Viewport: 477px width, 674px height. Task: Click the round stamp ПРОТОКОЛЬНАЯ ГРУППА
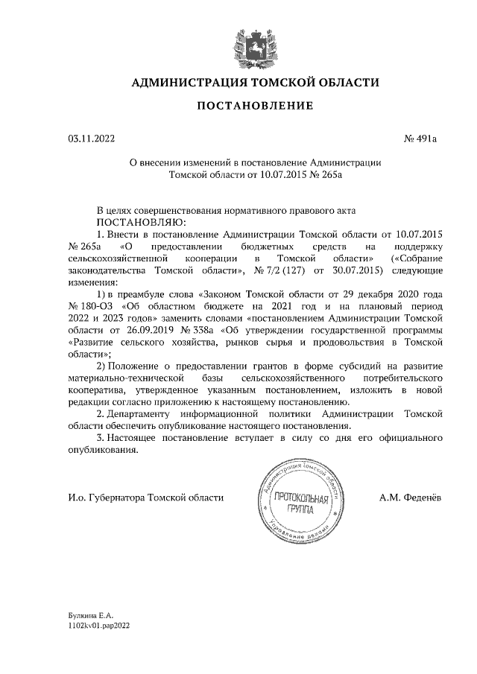(x=302, y=497)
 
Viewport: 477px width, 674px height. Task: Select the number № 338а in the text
(x=190, y=330)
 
